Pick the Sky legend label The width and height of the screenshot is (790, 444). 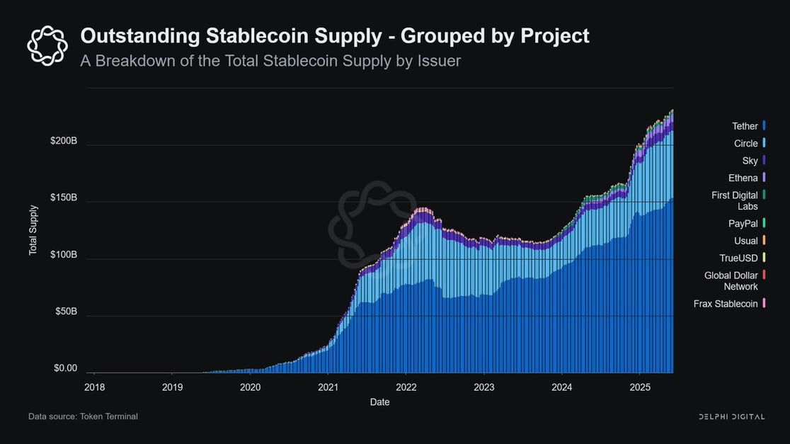click(x=750, y=161)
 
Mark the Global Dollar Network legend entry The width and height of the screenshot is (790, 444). click(x=731, y=280)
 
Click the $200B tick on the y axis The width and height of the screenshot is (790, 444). click(x=63, y=141)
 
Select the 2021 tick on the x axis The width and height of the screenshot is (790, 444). click(x=328, y=387)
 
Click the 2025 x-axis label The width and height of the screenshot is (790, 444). click(x=640, y=387)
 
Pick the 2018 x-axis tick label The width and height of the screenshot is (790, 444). click(x=94, y=387)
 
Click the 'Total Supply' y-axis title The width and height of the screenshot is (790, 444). click(x=33, y=230)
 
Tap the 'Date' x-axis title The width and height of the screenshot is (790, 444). click(x=379, y=402)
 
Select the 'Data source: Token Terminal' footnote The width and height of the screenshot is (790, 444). click(x=83, y=416)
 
